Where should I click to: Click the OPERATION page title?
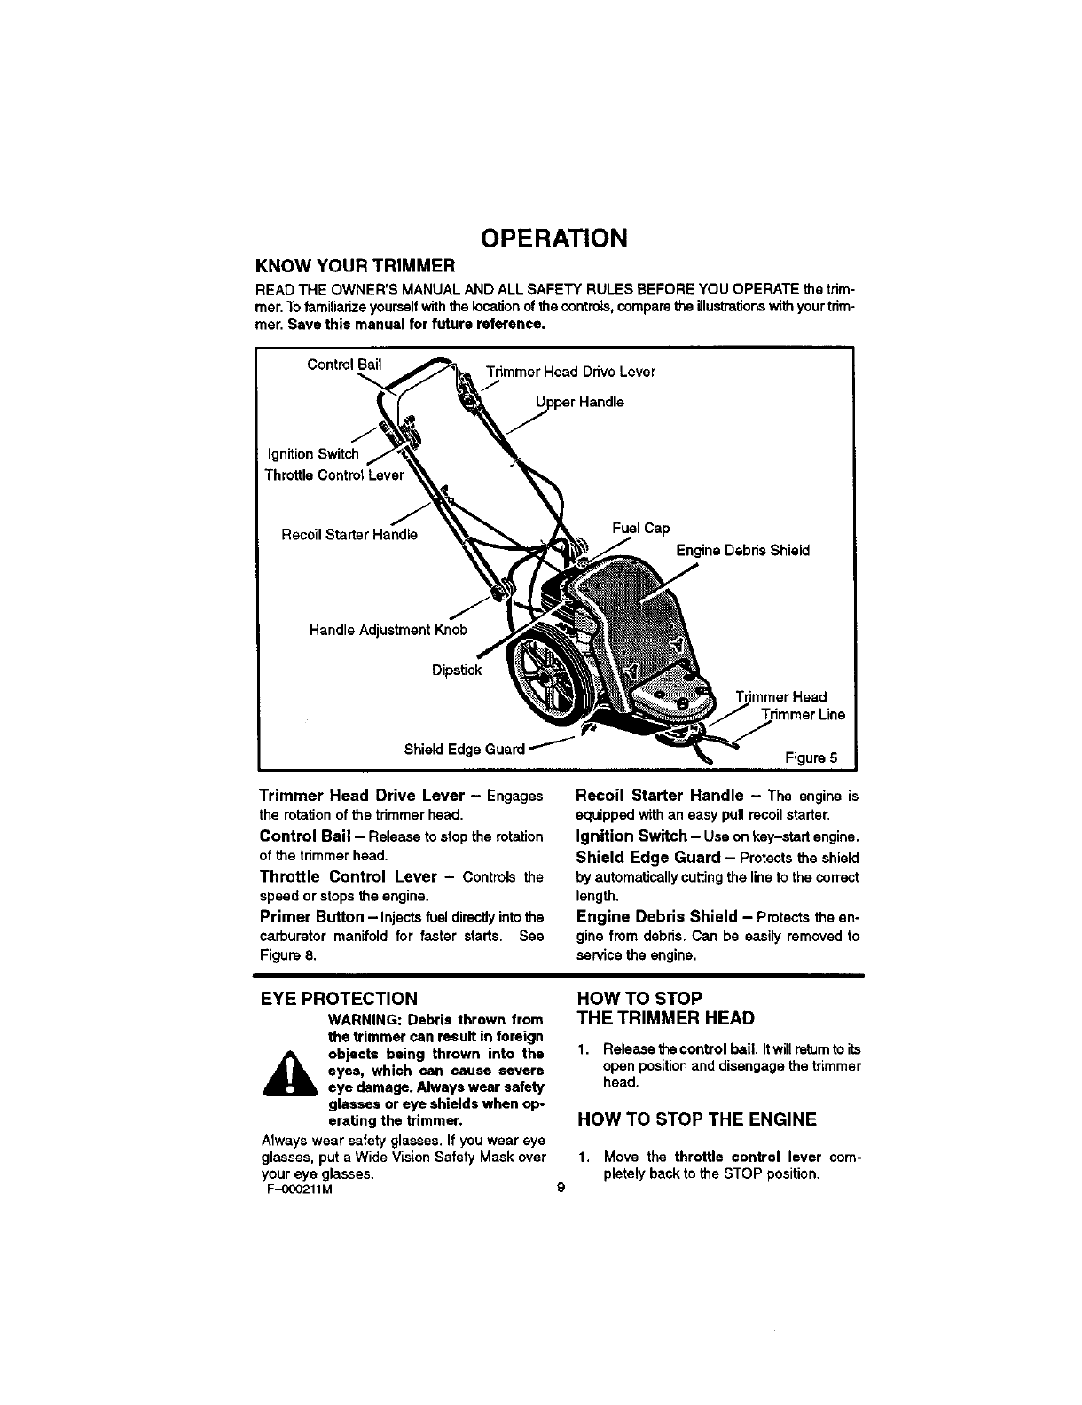click(553, 238)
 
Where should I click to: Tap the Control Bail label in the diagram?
click(344, 365)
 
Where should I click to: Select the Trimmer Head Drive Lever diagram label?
click(570, 372)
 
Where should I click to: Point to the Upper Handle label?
click(579, 402)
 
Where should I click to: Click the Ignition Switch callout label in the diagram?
click(313, 455)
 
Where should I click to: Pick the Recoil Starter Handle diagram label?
click(349, 535)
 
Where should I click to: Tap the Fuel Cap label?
click(640, 529)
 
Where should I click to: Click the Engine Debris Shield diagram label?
click(742, 550)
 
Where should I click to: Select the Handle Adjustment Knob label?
click(388, 630)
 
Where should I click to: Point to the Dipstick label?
click(456, 670)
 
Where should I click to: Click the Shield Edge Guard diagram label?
click(465, 749)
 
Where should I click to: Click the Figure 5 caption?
click(811, 757)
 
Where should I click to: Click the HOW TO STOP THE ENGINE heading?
click(696, 1119)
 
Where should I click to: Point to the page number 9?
click(560, 1191)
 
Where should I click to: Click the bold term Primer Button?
click(311, 916)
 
